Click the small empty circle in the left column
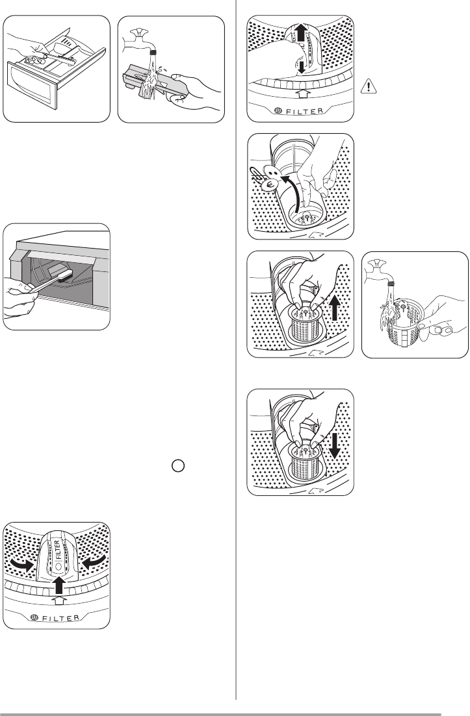[x=179, y=465]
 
